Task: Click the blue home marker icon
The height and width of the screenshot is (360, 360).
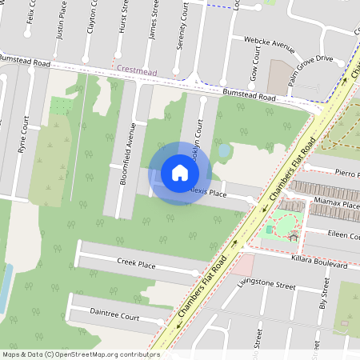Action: [x=179, y=172]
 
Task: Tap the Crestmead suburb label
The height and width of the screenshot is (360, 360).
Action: [x=136, y=70]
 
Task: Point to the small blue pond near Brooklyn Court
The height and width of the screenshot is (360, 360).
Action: [x=224, y=150]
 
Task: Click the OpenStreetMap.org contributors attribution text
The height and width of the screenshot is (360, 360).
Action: [x=104, y=354]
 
